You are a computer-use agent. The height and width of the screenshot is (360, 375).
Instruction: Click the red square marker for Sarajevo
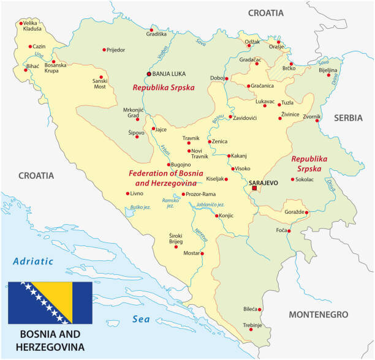coord(255,188)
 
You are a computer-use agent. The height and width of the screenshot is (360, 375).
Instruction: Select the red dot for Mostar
coord(203,253)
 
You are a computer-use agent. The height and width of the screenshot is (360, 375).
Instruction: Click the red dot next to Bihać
coord(26,70)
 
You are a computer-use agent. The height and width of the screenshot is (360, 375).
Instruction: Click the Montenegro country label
coord(318,314)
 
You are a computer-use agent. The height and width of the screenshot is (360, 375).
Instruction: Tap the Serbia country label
coord(349,118)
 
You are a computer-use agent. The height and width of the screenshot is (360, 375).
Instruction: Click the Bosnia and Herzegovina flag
coord(50,302)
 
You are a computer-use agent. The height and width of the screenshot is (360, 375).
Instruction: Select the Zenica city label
coord(219,141)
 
